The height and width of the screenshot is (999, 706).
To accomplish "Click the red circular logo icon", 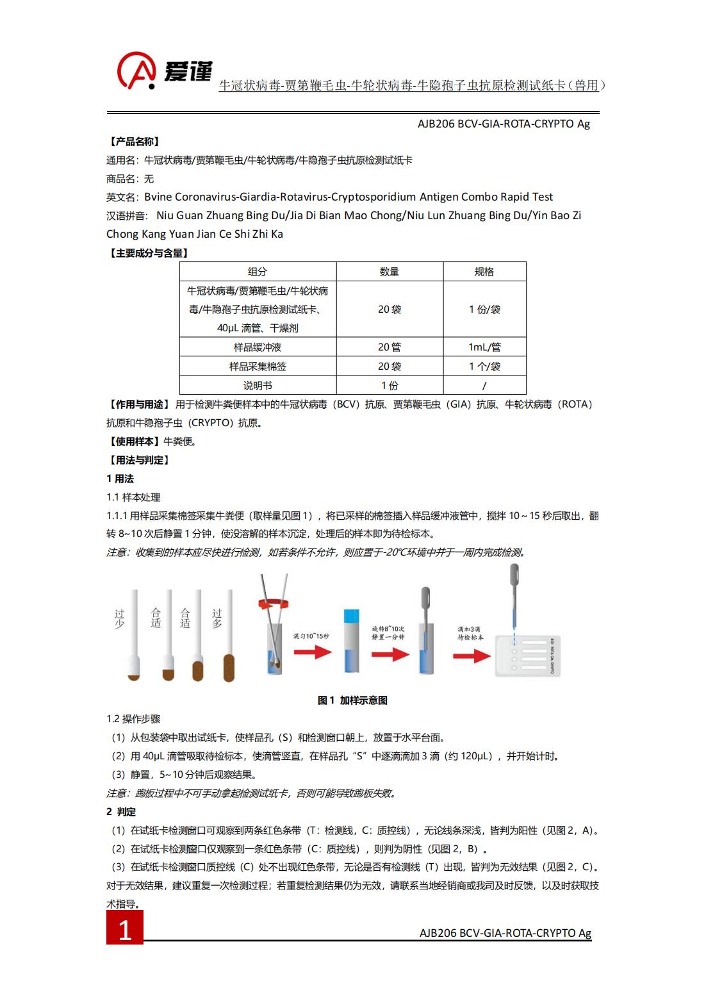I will [x=136, y=70].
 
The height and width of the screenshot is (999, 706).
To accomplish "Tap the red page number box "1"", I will [x=125, y=929].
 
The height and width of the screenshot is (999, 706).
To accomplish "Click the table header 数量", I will [x=390, y=272].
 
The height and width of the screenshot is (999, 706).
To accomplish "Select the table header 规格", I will [x=484, y=272].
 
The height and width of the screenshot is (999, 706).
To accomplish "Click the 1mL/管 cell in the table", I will [x=484, y=347].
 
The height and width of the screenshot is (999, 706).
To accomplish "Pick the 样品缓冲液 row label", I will [x=258, y=347].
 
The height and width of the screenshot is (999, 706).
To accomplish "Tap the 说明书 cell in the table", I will [x=258, y=386].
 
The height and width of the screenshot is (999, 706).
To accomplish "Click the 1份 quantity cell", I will [x=390, y=386].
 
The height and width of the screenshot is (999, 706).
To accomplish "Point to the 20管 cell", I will [x=390, y=347].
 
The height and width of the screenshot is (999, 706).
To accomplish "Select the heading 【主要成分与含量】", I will [x=148, y=253].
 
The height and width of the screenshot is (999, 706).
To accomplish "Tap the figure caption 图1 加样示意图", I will [x=352, y=700].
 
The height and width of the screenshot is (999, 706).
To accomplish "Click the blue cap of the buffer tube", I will [x=352, y=616].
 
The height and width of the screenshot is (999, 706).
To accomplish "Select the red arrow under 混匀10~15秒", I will [x=313, y=653].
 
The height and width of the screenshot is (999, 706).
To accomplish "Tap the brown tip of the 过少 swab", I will [x=134, y=675].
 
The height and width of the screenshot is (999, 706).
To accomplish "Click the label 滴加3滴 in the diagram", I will [x=470, y=629].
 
